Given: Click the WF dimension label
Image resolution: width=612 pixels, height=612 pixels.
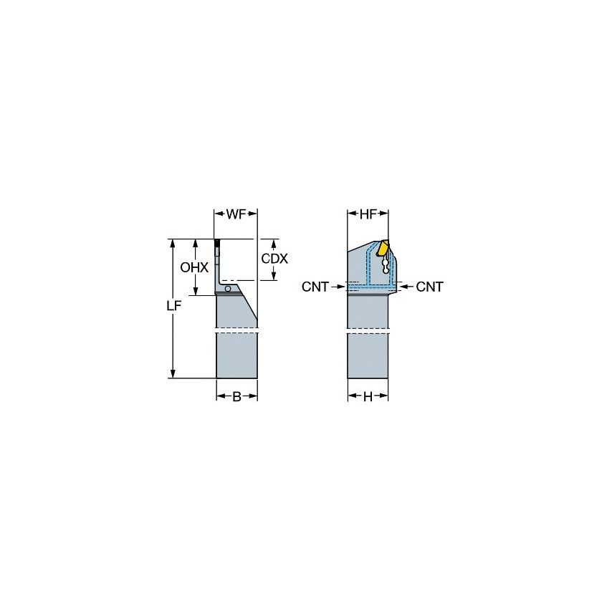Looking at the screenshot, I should point(236,214).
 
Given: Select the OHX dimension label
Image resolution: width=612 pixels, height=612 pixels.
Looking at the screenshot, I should point(194,267).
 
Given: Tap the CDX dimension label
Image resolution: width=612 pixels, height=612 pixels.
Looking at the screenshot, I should point(274,259).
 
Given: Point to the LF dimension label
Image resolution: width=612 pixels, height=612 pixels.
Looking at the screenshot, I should point(172,305).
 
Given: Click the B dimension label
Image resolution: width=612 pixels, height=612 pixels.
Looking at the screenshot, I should point(236,397).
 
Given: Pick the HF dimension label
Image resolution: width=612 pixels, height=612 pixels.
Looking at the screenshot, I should point(368,214).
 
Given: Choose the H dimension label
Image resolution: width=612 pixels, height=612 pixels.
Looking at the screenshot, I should point(368,397).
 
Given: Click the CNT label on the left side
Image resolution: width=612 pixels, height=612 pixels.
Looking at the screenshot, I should point(315,287).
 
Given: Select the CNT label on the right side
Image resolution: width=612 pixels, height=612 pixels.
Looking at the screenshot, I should point(430,287).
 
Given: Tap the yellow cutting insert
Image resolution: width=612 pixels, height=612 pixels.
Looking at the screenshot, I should point(384,249).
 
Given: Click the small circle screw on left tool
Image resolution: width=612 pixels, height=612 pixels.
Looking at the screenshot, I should point(228,289).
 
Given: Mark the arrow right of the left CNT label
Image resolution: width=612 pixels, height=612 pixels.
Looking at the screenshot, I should point(340,287).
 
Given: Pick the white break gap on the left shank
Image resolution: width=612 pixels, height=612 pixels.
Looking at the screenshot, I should point(236,330).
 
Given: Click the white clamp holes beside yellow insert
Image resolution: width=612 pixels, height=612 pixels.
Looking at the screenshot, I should point(387,266).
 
